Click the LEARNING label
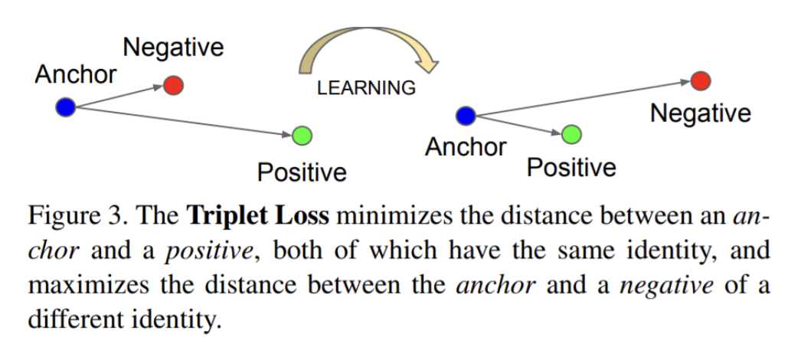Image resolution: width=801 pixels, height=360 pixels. tap(366, 88)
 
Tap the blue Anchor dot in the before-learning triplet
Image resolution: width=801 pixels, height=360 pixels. tap(66, 107)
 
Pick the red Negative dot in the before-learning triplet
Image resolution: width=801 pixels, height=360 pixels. tap(174, 84)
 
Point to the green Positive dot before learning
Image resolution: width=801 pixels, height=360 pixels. tap(302, 136)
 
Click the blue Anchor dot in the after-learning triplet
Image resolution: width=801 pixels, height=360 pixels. tap(466, 116)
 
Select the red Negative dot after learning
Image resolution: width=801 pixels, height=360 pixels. tap(700, 80)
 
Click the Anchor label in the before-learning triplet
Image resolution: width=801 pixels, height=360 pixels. tap(76, 74)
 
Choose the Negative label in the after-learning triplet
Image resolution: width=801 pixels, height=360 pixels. tap(700, 114)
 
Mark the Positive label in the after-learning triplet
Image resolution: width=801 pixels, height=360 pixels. tap(571, 168)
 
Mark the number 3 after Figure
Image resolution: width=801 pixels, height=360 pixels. tap(116, 217)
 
